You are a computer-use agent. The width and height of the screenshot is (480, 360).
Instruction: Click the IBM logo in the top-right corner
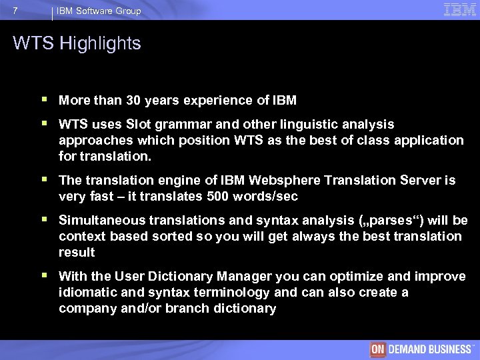tap(460, 9)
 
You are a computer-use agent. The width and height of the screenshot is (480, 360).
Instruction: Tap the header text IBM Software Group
tap(99, 11)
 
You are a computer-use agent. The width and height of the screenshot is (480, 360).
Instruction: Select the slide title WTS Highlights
tap(77, 44)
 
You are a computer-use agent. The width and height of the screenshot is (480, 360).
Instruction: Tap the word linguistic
tap(311, 125)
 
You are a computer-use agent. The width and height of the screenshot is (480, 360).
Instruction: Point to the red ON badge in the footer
tap(379, 350)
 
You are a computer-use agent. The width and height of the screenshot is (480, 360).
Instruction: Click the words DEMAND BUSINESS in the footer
tap(429, 350)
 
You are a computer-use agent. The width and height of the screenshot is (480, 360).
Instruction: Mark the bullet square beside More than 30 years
tap(44, 100)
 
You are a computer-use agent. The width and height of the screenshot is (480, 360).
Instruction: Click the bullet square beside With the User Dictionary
tap(44, 276)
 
